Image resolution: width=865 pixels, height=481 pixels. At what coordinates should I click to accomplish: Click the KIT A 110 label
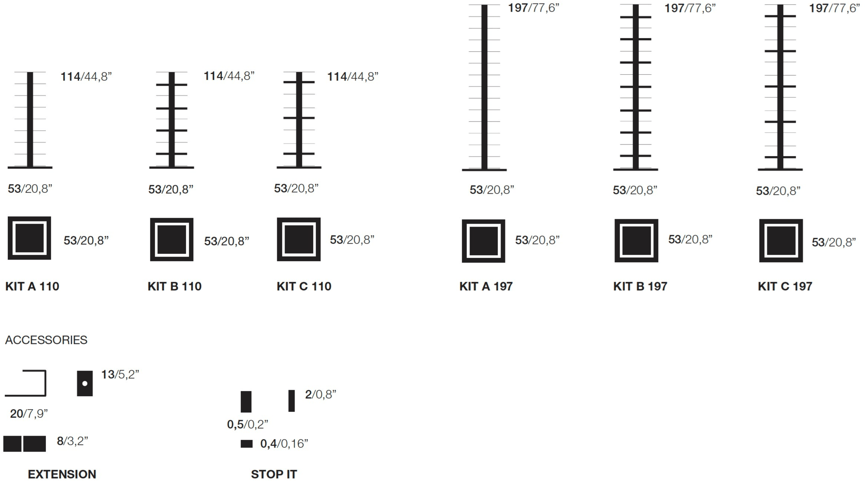point(32,286)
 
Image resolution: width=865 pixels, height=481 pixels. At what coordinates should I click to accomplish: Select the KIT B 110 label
point(174,286)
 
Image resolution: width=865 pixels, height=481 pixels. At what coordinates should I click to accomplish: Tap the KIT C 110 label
point(304,286)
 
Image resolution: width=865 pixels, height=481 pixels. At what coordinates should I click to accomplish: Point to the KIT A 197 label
point(486,286)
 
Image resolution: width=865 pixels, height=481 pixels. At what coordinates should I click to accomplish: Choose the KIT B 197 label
point(640,286)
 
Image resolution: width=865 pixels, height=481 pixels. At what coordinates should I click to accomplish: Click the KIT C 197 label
point(785,286)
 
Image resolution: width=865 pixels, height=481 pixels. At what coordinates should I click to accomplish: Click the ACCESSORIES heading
point(46,340)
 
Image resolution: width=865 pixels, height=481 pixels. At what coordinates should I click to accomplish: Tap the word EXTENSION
point(62,474)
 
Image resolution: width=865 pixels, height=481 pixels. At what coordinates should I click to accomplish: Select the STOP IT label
point(274,474)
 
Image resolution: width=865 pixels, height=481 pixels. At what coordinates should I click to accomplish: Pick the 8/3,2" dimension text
point(73,441)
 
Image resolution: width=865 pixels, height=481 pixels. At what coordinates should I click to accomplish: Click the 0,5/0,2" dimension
point(248,424)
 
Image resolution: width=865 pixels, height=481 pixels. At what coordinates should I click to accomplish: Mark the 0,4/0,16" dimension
point(285,444)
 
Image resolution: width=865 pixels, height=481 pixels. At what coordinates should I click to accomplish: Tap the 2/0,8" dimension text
point(320,394)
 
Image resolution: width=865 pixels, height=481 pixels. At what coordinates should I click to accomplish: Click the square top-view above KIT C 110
point(299,239)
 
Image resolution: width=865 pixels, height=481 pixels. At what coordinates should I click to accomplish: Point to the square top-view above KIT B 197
point(635,240)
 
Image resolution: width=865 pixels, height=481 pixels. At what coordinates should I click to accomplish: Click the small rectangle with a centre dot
point(85,383)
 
